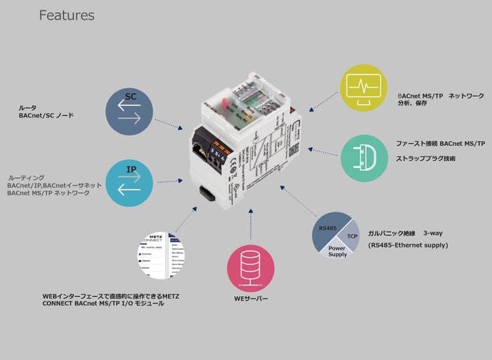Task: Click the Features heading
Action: tap(67, 15)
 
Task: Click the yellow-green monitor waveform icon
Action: tap(363, 88)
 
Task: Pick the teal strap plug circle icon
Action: tap(364, 158)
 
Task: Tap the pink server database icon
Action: tap(250, 268)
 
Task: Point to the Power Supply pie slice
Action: tap(338, 250)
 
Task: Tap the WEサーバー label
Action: tap(251, 299)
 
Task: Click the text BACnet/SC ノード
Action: tap(46, 115)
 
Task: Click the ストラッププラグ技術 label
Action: tap(425, 158)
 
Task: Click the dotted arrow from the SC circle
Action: tap(169, 124)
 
